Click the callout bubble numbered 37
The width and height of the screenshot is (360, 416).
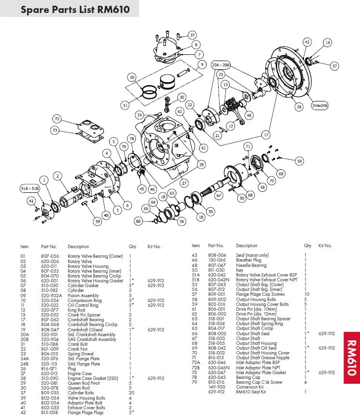click(x=192, y=35)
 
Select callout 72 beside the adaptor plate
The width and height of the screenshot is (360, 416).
click(x=57, y=118)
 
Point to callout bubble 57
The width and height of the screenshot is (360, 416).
click(x=335, y=66)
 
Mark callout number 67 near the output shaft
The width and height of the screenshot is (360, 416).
click(x=219, y=195)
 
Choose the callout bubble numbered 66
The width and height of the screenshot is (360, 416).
click(x=138, y=221)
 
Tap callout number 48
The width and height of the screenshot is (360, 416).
click(x=248, y=115)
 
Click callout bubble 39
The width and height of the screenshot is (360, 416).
click(x=98, y=221)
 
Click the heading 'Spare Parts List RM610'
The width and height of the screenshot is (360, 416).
click(x=75, y=9)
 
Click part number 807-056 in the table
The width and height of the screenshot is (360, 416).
click(x=50, y=256)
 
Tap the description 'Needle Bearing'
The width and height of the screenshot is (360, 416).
click(x=251, y=265)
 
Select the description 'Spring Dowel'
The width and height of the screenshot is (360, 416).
click(x=80, y=353)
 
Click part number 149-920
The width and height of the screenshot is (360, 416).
click(x=216, y=387)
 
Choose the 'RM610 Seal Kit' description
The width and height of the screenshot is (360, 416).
click(x=251, y=392)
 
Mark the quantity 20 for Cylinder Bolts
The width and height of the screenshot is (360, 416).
click(x=130, y=393)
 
